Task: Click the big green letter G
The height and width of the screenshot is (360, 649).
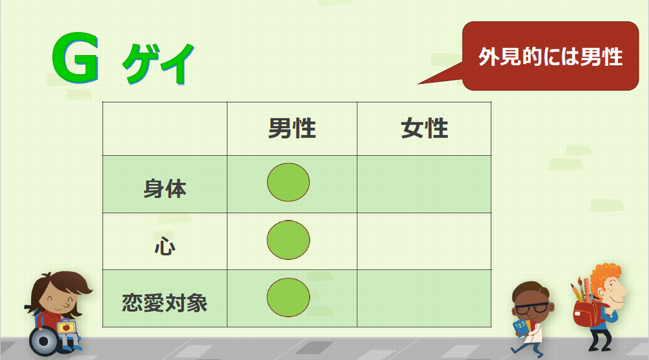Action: click(75, 58)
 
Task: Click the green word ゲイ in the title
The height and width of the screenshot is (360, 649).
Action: click(158, 63)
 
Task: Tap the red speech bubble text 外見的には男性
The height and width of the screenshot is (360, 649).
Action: click(550, 56)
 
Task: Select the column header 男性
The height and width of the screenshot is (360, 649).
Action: click(292, 128)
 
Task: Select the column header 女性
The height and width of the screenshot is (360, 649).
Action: click(424, 128)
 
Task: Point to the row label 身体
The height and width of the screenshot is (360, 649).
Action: click(165, 189)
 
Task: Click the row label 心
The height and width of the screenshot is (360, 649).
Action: click(165, 247)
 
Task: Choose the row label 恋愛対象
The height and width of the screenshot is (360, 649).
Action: click(165, 303)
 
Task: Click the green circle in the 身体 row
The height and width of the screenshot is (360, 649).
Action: click(288, 182)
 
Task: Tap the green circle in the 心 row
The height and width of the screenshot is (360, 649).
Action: click(288, 240)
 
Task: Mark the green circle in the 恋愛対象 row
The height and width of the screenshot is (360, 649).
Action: click(288, 297)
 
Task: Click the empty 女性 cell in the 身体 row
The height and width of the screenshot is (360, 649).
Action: click(424, 184)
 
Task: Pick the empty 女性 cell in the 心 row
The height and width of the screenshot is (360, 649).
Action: click(424, 241)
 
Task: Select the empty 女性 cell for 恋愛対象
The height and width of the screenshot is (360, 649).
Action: click(424, 299)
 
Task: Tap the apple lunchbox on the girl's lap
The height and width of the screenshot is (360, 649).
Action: click(65, 327)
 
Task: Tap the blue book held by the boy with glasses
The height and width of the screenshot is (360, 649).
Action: click(521, 327)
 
